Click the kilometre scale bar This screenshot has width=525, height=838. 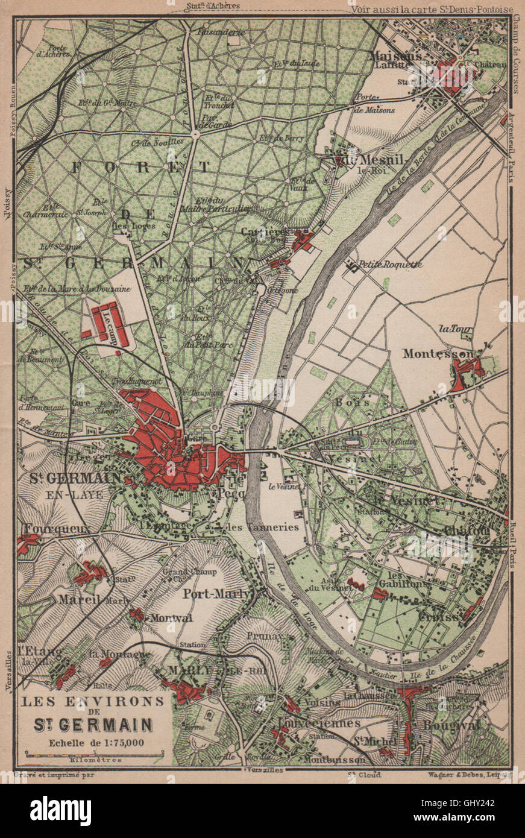[x=94, y=754]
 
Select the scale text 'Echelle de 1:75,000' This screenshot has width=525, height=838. [x=94, y=742]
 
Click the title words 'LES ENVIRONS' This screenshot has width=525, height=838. [x=93, y=701]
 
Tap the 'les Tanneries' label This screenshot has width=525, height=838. [x=262, y=527]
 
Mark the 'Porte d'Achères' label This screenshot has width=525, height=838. [x=52, y=50]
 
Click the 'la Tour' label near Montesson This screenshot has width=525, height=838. [x=456, y=329]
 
